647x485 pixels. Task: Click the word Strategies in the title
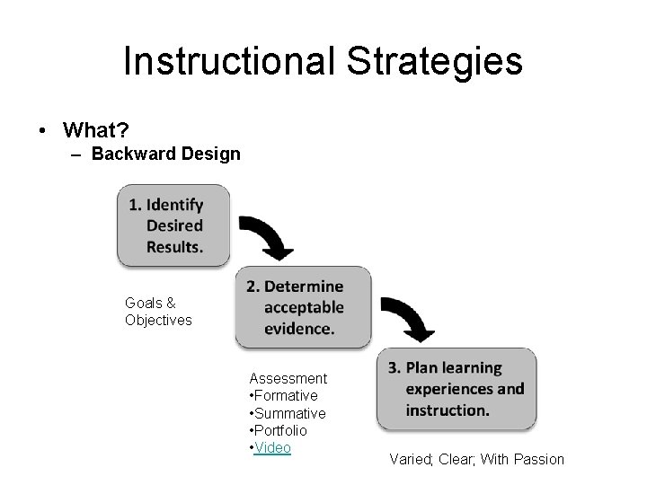(430, 61)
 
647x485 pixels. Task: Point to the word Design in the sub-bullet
(210, 154)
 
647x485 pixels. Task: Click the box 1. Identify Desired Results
(173, 225)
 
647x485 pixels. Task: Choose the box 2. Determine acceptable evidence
(303, 307)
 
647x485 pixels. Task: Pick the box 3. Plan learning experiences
(456, 389)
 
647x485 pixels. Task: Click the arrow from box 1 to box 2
(266, 236)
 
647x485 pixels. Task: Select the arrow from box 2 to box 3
(409, 318)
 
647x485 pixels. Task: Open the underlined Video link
(272, 447)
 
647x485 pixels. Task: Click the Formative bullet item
(283, 395)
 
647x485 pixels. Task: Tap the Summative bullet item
(287, 413)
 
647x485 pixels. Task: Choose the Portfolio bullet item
(278, 430)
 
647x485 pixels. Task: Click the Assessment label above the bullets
(288, 378)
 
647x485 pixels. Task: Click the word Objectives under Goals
(158, 320)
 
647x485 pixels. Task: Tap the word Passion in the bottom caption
(536, 459)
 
